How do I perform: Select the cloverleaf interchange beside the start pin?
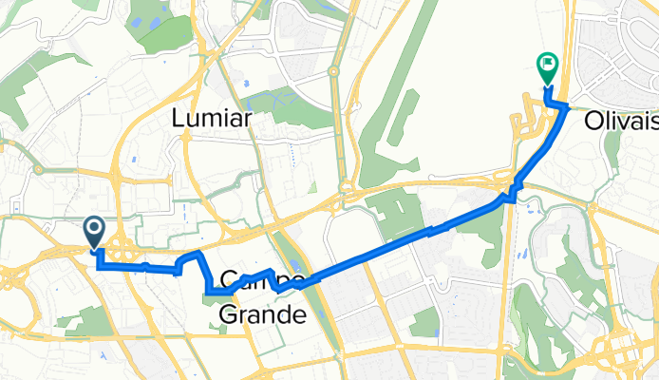click(121, 252)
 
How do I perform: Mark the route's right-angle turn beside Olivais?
click(567, 106)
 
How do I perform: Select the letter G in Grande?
click(229, 313)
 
